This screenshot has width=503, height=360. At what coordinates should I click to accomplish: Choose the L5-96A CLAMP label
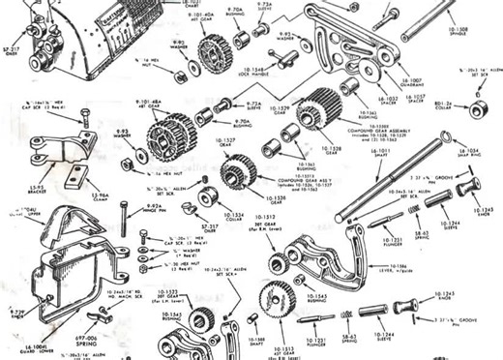99,195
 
